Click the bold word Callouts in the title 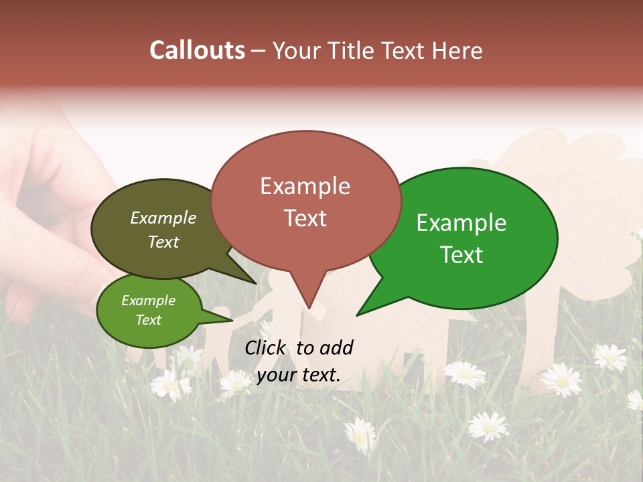[x=197, y=51]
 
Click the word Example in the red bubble [x=305, y=186]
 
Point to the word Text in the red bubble [x=305, y=218]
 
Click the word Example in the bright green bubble [x=461, y=223]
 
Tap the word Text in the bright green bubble [x=461, y=255]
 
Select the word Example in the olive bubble [x=163, y=218]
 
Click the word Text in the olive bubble [x=163, y=242]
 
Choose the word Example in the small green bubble [x=148, y=301]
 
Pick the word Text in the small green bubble [x=148, y=320]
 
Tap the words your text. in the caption [x=299, y=376]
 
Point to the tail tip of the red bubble [x=309, y=308]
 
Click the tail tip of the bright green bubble [x=357, y=315]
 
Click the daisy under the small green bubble [x=171, y=384]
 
